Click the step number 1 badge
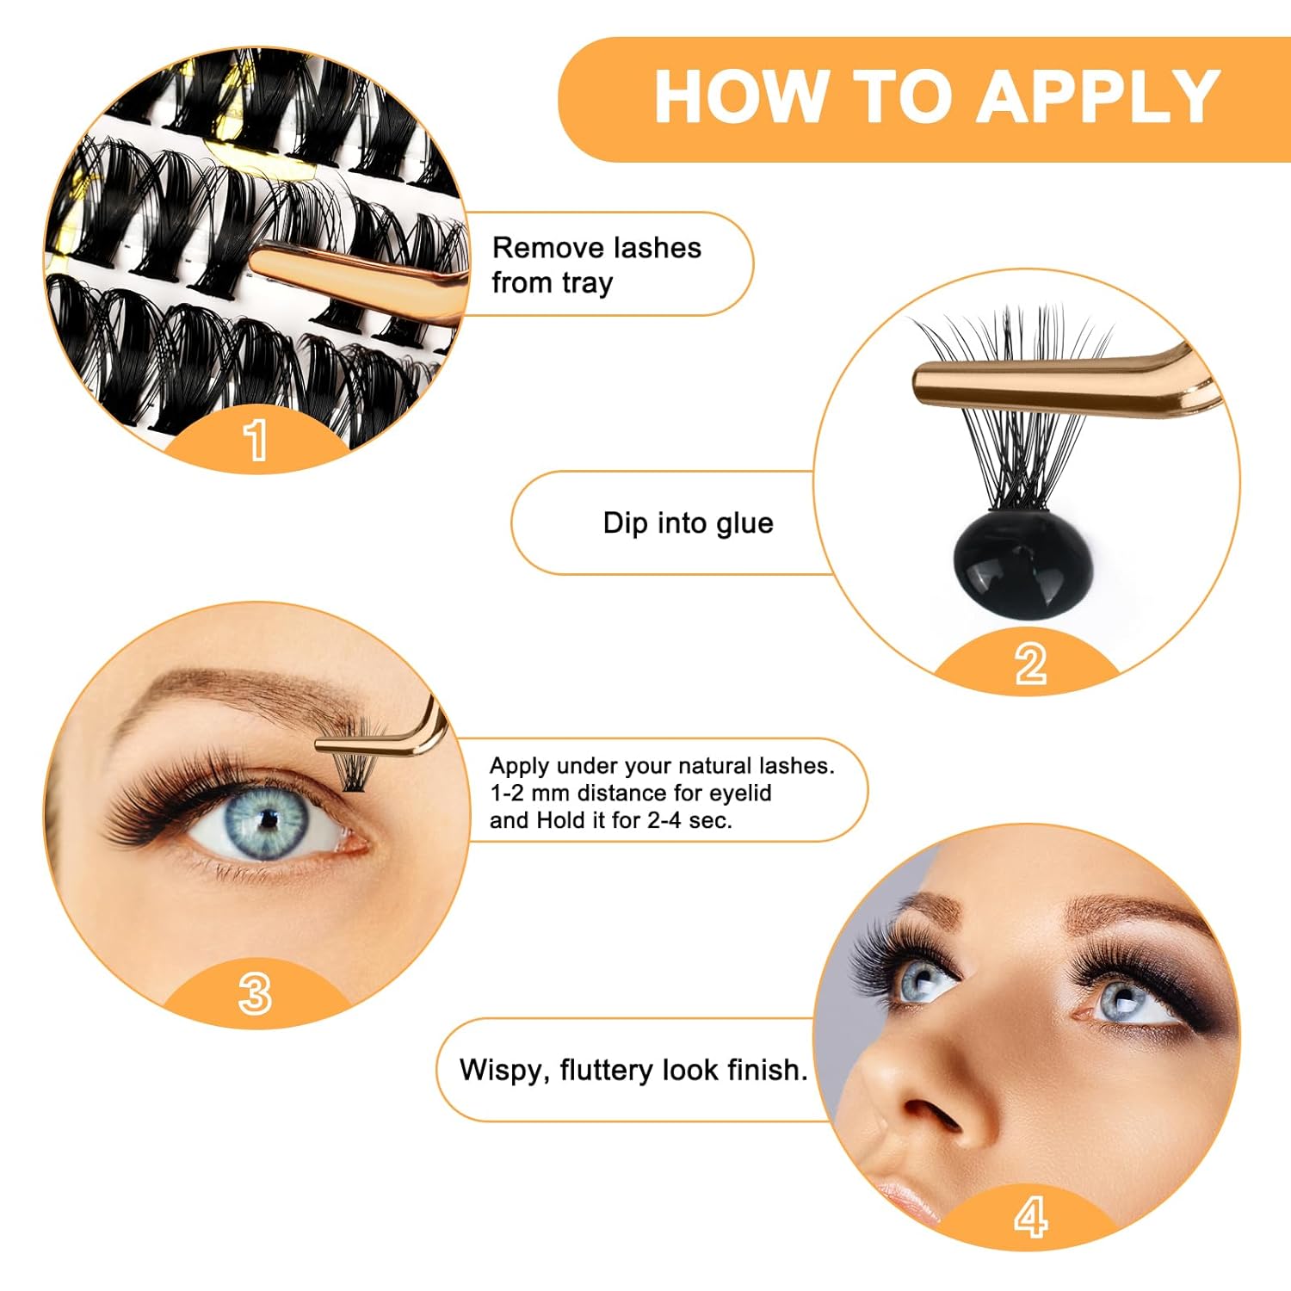tap(256, 440)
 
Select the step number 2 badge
tap(1029, 664)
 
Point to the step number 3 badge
tap(255, 993)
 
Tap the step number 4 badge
tap(1030, 1217)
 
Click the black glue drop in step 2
tap(1022, 564)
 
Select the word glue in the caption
tap(743, 523)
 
